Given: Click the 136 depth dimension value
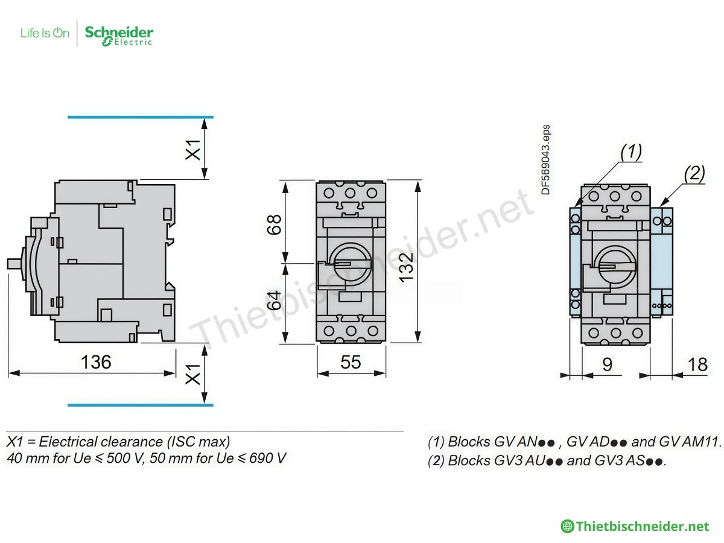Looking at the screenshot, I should click(x=97, y=362).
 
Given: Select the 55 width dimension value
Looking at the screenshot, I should click(x=351, y=362).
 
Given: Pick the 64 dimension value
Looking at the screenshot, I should click(x=275, y=299).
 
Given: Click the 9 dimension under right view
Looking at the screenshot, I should click(x=607, y=364).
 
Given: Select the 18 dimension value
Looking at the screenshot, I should click(x=697, y=364).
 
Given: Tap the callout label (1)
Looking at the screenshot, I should click(x=631, y=152).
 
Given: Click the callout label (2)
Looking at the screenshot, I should click(x=694, y=174).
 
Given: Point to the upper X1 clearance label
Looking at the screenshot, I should click(x=192, y=149).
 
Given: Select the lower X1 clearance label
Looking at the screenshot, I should click(x=192, y=374).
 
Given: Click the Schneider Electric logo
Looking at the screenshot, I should click(x=119, y=35).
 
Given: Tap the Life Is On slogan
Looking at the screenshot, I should click(x=45, y=33).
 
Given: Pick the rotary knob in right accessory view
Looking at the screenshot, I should click(x=615, y=265).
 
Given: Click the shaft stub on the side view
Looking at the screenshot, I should click(x=13, y=264).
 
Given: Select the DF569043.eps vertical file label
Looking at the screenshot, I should click(x=545, y=159).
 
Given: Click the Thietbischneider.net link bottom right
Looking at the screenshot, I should click(x=642, y=526).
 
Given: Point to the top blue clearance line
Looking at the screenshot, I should click(x=140, y=116).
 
